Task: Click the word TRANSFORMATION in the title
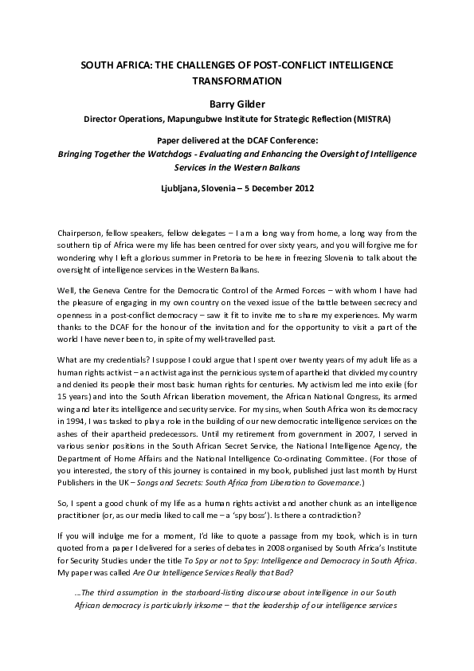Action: coord(237,80)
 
